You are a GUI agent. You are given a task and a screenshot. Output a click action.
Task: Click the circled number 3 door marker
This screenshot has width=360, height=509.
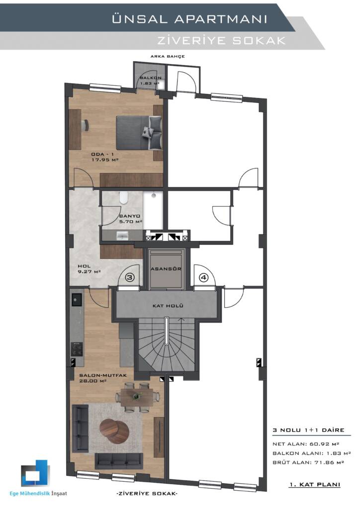(129, 277)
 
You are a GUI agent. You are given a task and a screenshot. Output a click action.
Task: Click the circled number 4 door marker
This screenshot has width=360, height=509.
(203, 277)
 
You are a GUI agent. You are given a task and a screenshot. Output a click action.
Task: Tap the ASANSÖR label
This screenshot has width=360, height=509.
(166, 269)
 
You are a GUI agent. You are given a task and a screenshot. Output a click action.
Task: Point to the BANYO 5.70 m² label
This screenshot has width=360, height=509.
(130, 219)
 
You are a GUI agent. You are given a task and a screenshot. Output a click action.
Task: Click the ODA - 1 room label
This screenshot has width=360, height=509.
(104, 157)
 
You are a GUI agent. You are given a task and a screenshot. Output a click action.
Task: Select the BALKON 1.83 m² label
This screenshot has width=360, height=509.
(150, 81)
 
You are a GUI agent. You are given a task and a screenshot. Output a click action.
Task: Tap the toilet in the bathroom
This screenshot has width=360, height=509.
(123, 198)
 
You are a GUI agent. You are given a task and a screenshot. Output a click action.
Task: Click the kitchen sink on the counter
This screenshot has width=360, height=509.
(77, 300)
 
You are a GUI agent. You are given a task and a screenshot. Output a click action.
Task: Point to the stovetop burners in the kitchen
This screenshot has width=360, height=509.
(77, 349)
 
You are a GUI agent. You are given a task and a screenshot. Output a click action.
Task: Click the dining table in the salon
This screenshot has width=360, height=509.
(138, 397)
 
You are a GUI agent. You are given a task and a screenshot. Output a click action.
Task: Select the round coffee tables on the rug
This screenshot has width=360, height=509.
(114, 431)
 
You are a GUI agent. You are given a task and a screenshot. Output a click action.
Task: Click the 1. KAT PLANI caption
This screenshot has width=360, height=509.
(315, 484)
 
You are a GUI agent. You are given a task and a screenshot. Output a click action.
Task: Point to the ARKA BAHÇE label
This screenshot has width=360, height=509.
(168, 56)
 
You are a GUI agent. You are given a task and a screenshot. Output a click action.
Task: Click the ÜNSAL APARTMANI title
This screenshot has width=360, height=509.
(189, 19)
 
